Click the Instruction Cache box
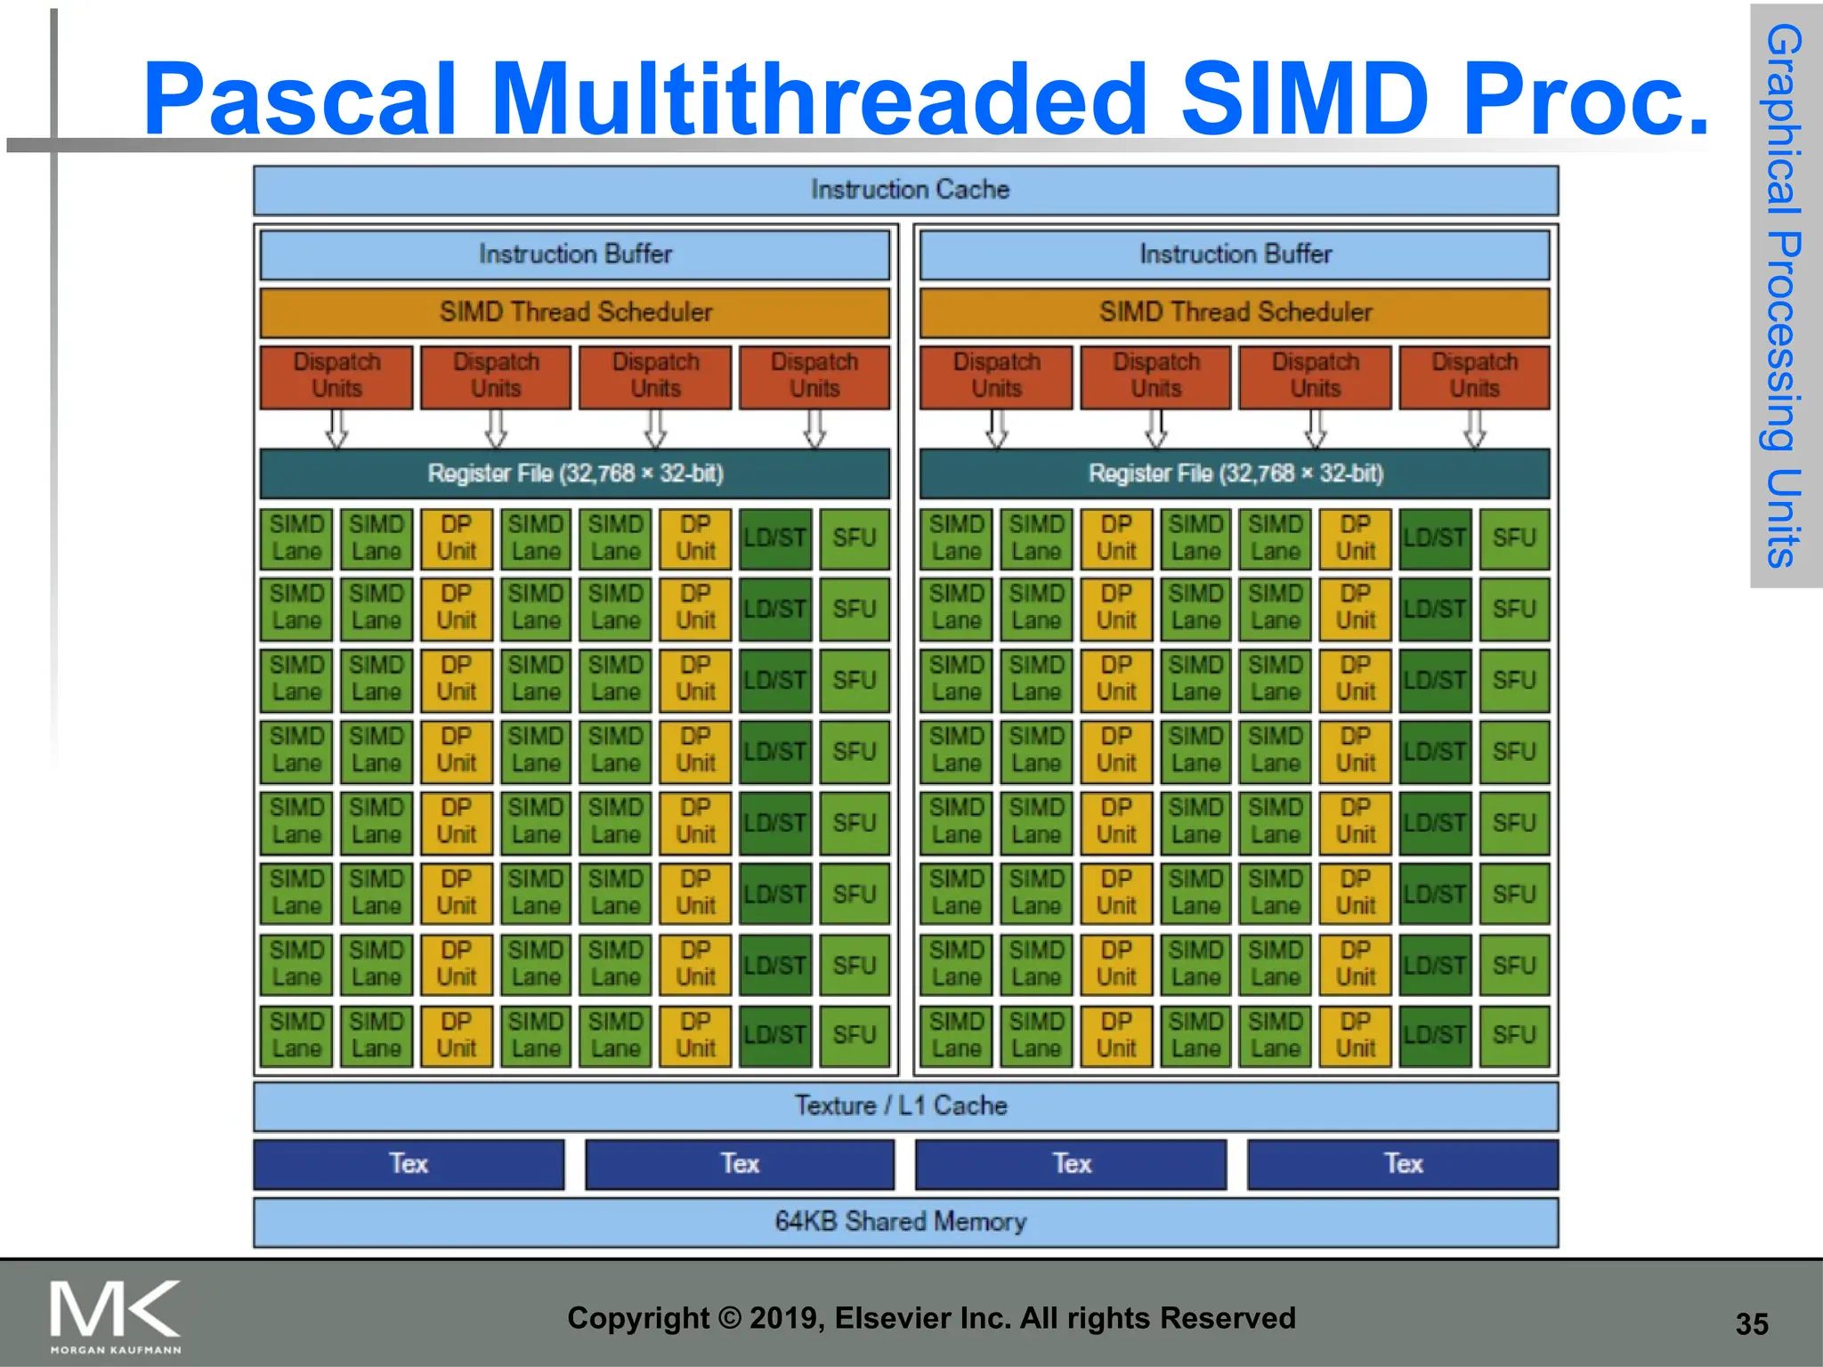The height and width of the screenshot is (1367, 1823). coord(905,190)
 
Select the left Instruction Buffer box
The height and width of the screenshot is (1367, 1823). coord(574,255)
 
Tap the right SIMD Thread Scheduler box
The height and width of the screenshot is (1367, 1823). coord(1235,312)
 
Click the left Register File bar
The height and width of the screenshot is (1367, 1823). coord(574,473)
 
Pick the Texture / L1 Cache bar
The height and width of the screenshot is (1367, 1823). coord(905,1106)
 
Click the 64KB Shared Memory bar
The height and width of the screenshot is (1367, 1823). coord(905,1222)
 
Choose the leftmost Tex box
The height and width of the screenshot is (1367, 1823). coord(409,1164)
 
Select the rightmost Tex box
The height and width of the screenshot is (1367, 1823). coord(1403,1164)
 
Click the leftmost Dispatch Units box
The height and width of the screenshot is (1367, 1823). coord(336,376)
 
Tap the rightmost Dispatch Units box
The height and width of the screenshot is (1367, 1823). coord(1474,376)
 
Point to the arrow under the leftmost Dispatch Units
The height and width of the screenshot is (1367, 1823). coord(336,429)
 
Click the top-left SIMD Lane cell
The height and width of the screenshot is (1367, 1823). coord(296,538)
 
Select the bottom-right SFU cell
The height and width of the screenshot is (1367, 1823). coord(1514,1036)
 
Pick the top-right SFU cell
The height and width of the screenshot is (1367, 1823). coord(1514,538)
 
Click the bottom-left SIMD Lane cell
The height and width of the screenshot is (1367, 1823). coord(296,1036)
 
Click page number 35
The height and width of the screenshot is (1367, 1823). coord(1751,1324)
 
